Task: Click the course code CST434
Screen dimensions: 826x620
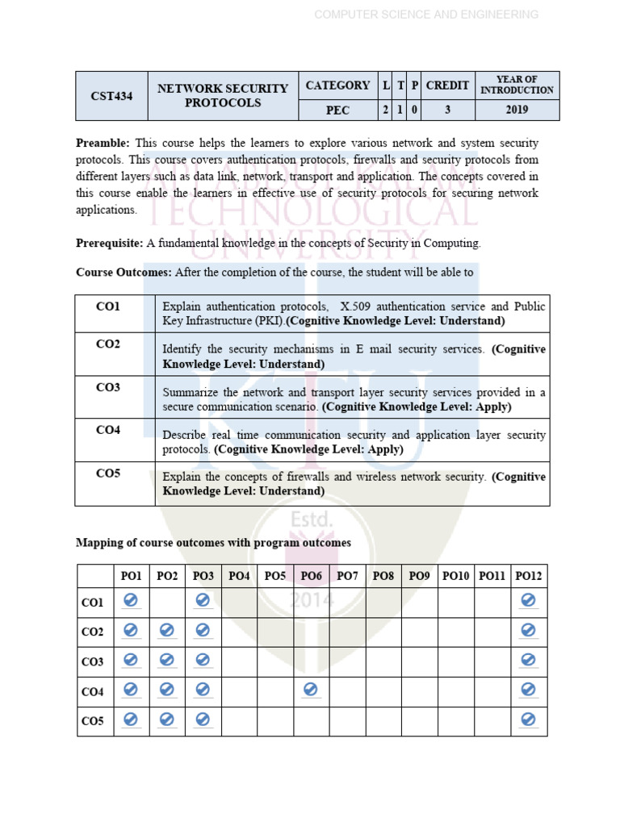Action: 111,96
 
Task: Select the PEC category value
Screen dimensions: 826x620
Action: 337,111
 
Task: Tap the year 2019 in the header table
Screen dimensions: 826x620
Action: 517,111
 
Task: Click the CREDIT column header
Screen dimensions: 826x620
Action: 447,86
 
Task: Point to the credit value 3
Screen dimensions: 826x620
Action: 447,111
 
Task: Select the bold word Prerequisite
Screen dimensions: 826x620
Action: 109,243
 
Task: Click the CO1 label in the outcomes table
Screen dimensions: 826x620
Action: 107,307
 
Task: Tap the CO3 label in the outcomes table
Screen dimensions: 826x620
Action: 107,387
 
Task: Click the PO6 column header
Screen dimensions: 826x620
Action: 311,576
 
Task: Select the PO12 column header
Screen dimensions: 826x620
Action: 529,576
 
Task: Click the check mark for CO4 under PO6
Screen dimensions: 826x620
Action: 311,690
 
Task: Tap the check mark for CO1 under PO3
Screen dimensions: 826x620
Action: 203,600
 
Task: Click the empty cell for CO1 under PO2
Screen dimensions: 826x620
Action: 167,602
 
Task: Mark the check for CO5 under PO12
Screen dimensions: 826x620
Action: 529,720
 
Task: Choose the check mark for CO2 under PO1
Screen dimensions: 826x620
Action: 131,630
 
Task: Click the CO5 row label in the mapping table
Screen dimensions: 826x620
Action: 93,721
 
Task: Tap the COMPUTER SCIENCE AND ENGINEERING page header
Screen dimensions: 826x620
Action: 425,15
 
